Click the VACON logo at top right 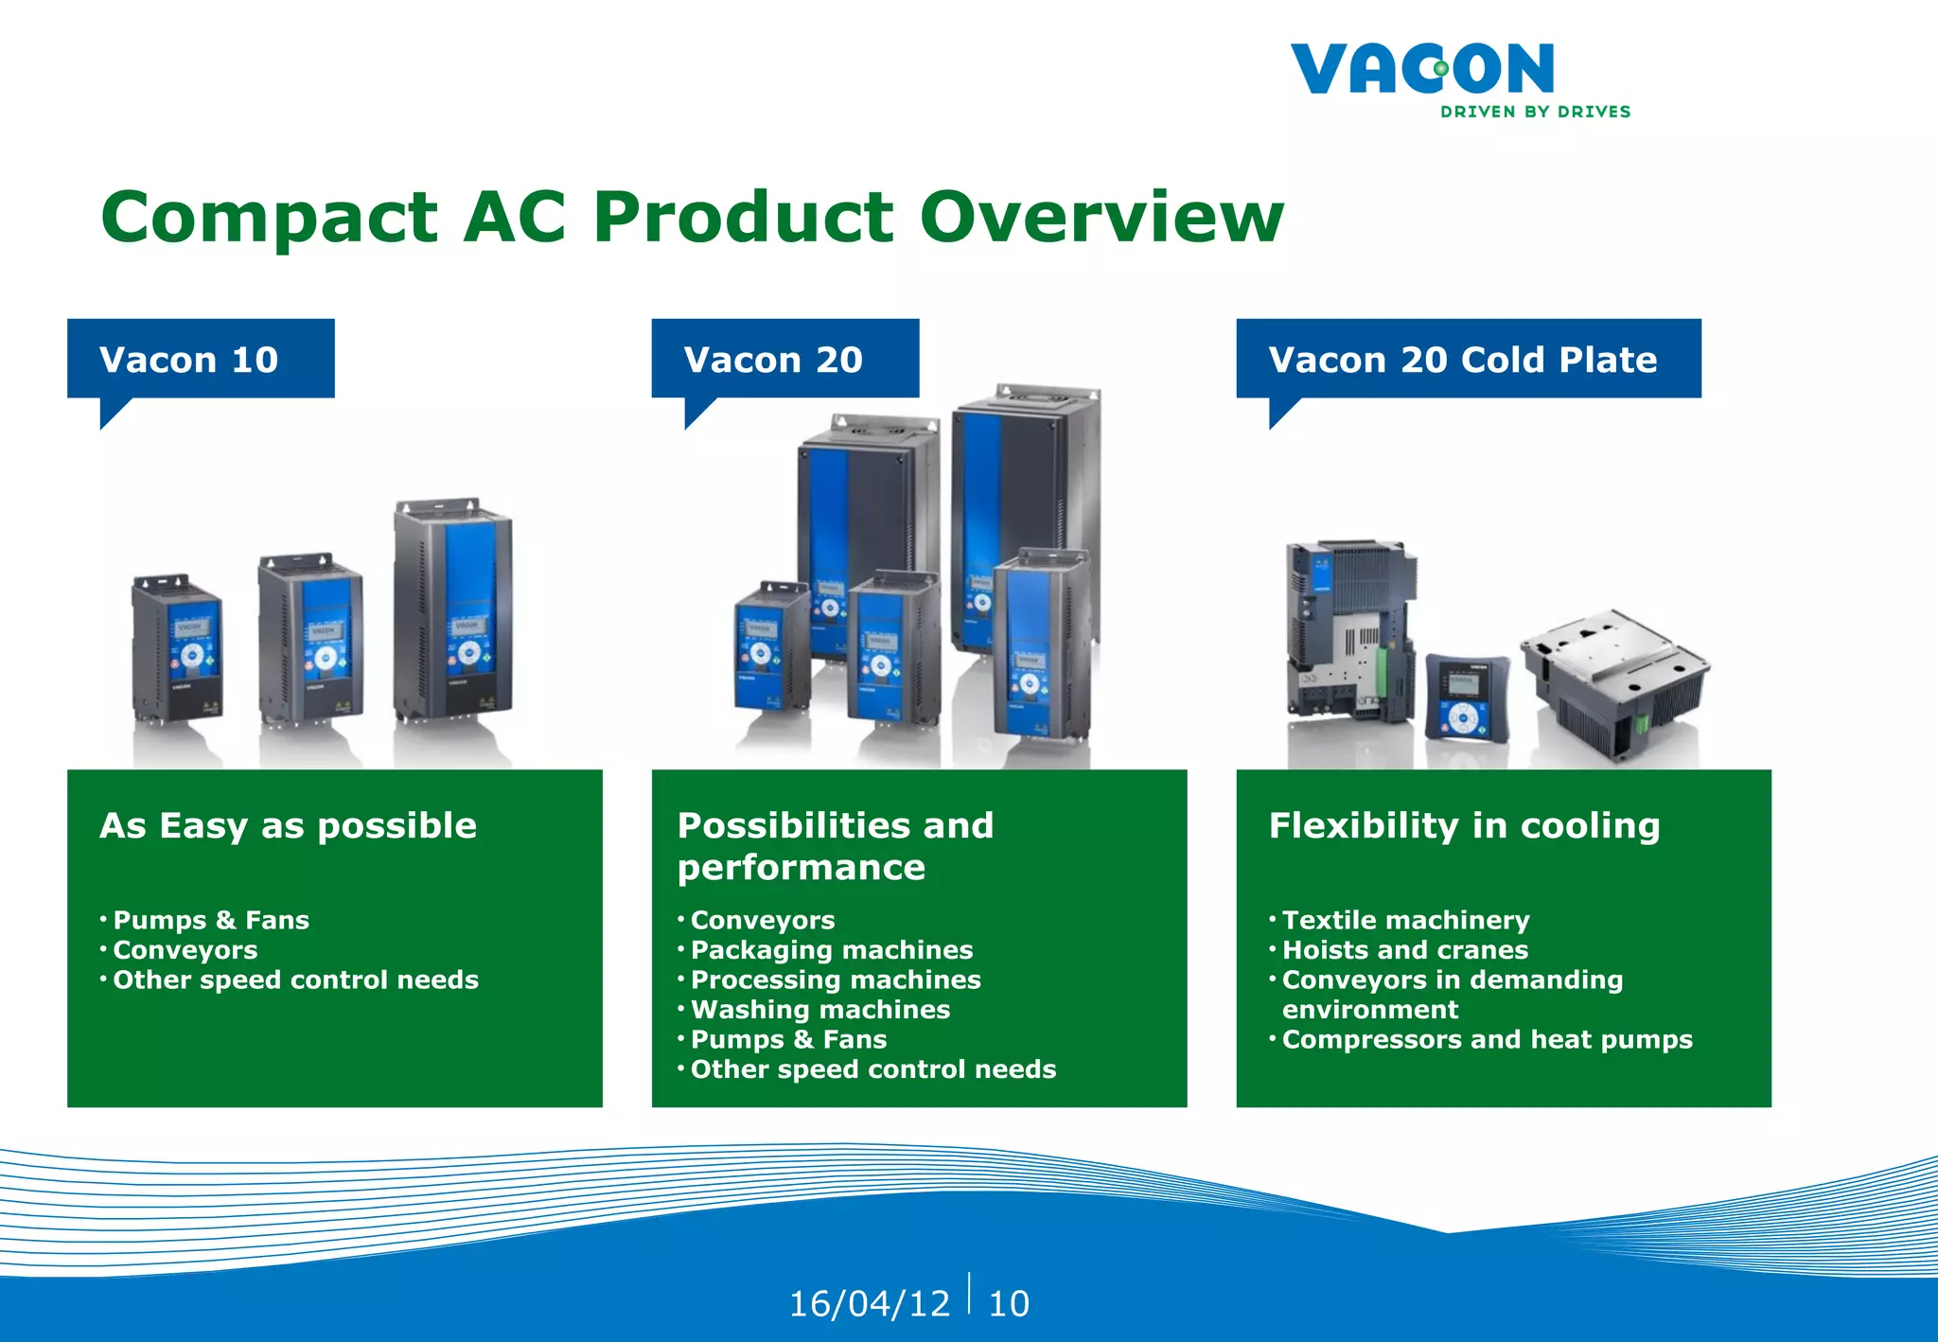click(1421, 68)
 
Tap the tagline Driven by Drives click(1535, 112)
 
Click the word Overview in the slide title click(1101, 217)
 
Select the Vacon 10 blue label click(201, 359)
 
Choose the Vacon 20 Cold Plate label click(1468, 359)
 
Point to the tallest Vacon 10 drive click(454, 610)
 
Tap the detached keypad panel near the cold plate click(1466, 695)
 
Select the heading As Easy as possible click(288, 825)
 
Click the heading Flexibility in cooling click(1464, 825)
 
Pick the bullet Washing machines click(819, 1010)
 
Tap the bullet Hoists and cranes click(1404, 950)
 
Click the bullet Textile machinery click(1405, 920)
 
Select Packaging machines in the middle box click(831, 950)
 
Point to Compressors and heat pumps click(1487, 1039)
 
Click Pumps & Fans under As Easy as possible click(211, 920)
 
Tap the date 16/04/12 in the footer click(869, 1303)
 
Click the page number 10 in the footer click(1008, 1303)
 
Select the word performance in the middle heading click(801, 868)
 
